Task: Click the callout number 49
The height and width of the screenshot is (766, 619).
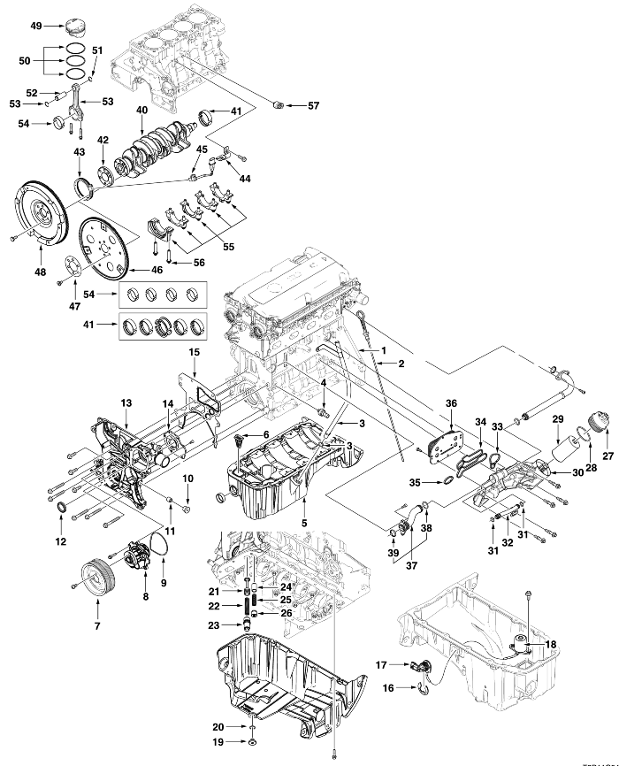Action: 36,26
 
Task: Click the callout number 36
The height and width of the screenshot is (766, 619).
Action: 451,402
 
